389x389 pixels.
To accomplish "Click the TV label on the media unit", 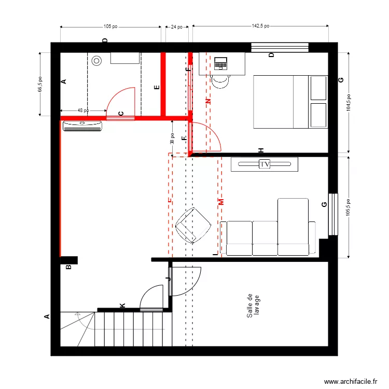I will click(265, 164).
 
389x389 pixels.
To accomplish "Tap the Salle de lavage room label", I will click(253, 306).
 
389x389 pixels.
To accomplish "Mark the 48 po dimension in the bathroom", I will click(82, 110).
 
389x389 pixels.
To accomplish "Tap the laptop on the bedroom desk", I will click(221, 64).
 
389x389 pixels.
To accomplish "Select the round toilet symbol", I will click(97, 61).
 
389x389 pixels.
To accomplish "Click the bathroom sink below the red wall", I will click(82, 126).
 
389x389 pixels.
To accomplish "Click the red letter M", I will click(220, 202).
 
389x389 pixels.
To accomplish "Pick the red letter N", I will click(208, 102).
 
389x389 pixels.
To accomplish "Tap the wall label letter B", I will click(68, 268).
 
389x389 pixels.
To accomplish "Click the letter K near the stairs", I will click(122, 306).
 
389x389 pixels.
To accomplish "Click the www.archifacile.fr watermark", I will click(351, 382).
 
